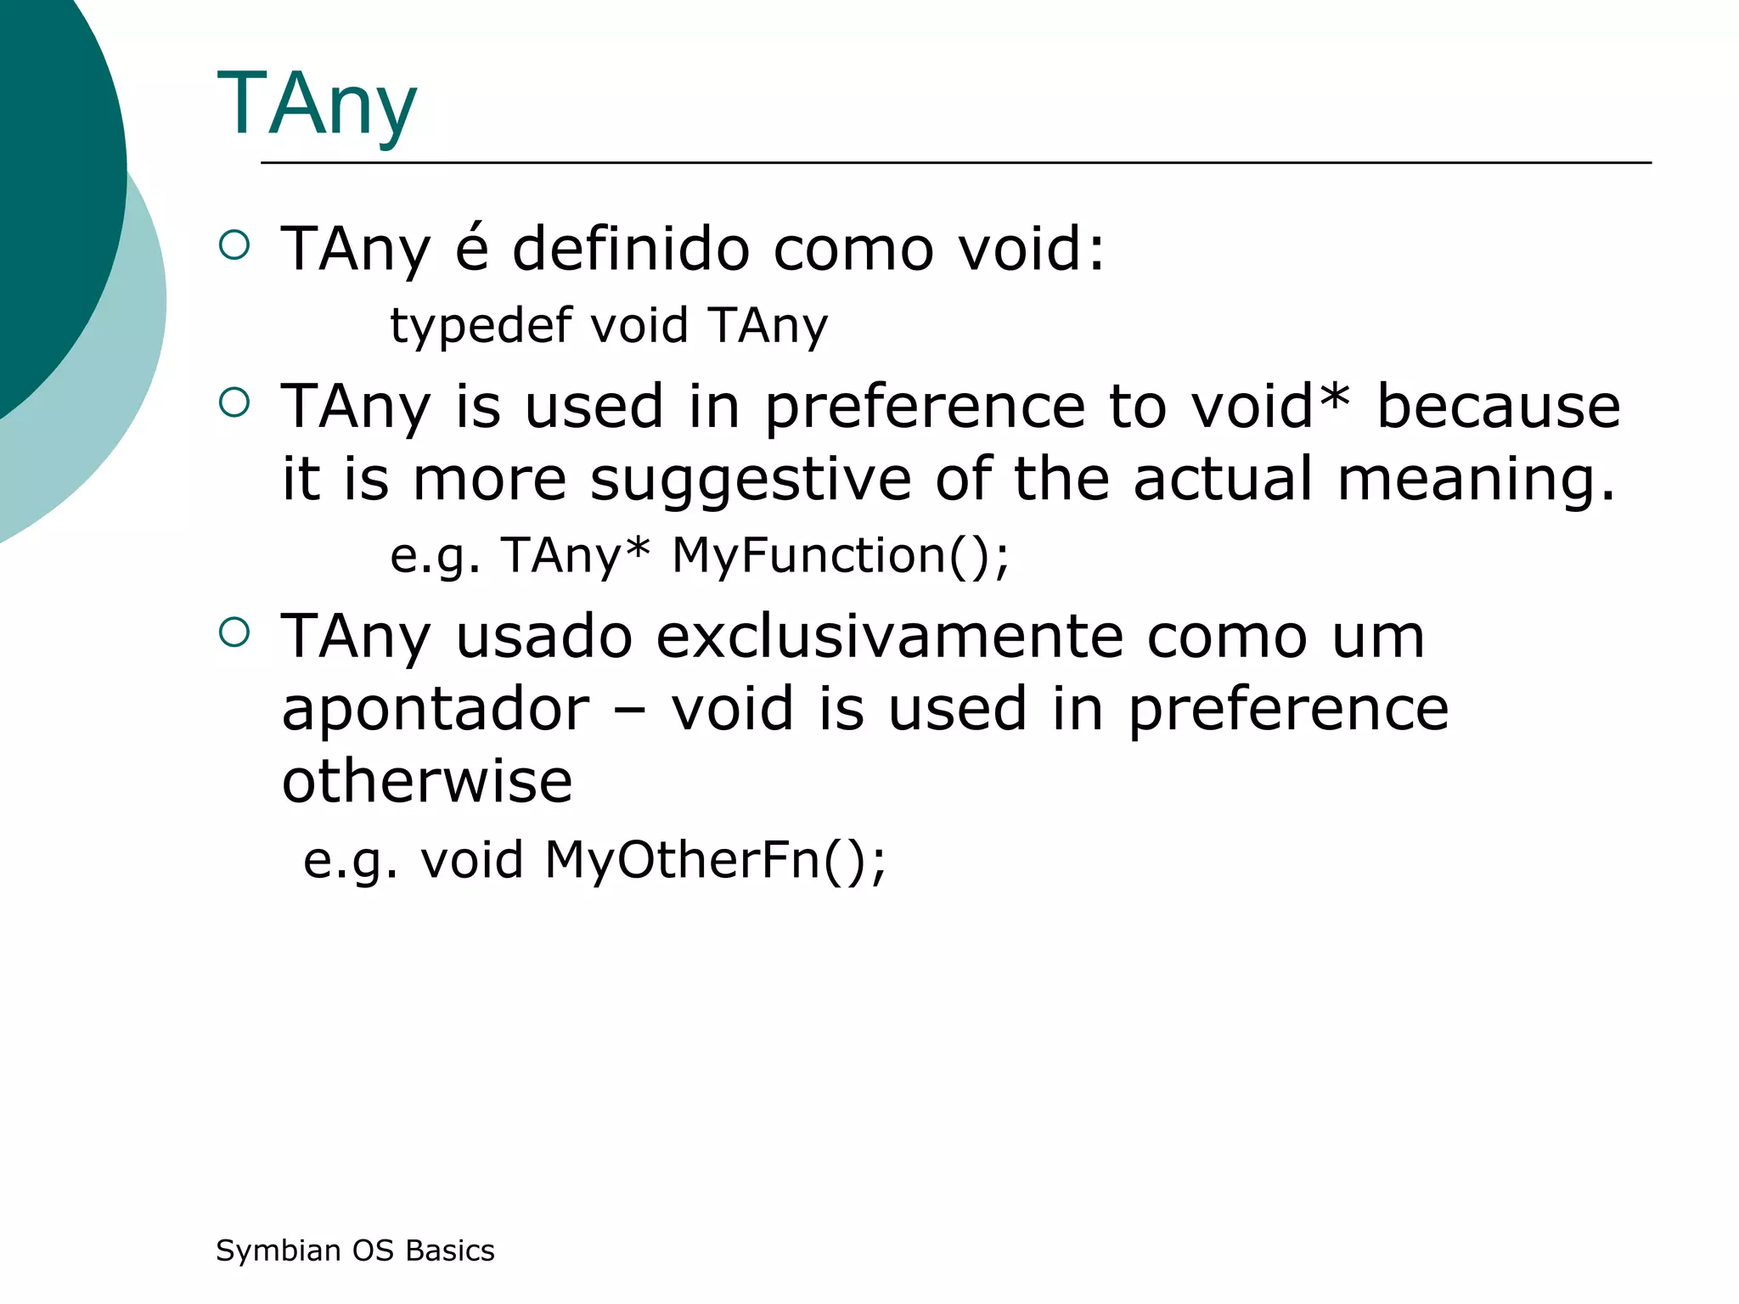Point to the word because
click(x=1499, y=406)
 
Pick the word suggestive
click(x=751, y=479)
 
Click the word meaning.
click(x=1476, y=481)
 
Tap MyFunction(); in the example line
click(x=841, y=555)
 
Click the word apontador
click(x=436, y=710)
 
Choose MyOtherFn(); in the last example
click(x=715, y=859)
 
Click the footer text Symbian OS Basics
click(x=355, y=1251)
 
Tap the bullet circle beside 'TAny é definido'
click(x=234, y=245)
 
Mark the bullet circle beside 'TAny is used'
click(x=234, y=402)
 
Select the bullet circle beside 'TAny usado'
click(x=234, y=632)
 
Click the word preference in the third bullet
click(x=1288, y=710)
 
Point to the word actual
click(x=1223, y=479)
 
